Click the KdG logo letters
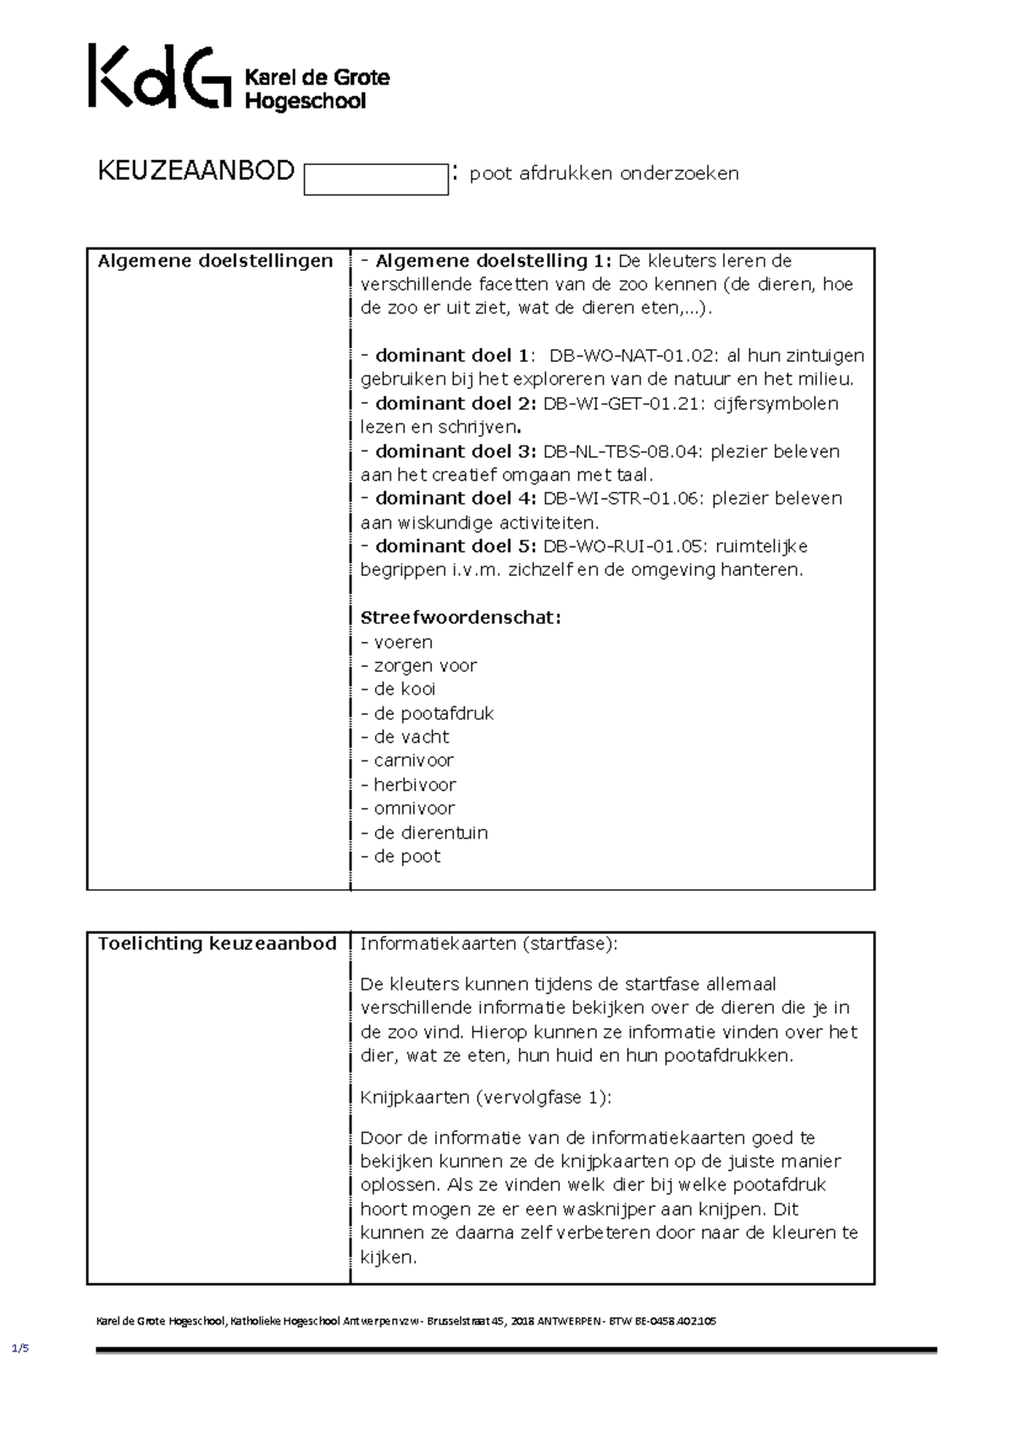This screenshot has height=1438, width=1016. (158, 78)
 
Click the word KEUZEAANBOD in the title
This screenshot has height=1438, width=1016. (196, 172)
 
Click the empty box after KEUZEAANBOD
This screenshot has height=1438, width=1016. (375, 180)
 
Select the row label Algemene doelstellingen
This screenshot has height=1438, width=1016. (215, 261)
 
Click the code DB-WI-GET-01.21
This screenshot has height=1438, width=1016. (622, 403)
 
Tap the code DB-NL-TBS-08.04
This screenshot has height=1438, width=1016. (622, 451)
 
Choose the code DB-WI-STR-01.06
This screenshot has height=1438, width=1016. (622, 498)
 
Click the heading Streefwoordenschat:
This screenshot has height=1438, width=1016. (461, 617)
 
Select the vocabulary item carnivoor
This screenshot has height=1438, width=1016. (413, 760)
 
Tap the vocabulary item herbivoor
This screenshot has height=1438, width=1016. (414, 785)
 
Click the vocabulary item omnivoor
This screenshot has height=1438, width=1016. (414, 809)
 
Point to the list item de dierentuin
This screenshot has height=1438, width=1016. (430, 832)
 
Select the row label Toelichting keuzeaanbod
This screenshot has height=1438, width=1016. (217, 943)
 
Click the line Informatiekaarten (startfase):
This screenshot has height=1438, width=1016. (489, 943)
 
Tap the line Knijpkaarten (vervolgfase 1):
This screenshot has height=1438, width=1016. (485, 1098)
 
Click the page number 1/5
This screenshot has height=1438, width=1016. (20, 1349)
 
